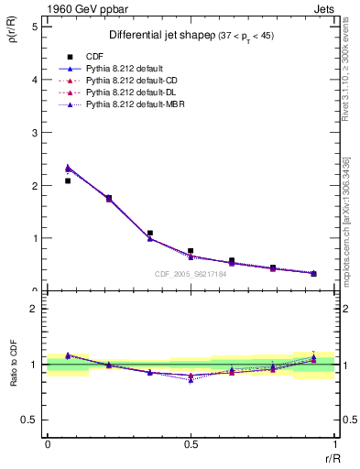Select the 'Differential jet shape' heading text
click(x=149, y=35)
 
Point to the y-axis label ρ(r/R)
click(x=13, y=38)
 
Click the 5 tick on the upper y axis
click(x=35, y=27)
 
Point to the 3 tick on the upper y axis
click(x=35, y=132)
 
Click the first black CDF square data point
click(x=68, y=180)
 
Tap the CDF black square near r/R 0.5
click(x=191, y=250)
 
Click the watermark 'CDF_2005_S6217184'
click(x=191, y=274)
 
